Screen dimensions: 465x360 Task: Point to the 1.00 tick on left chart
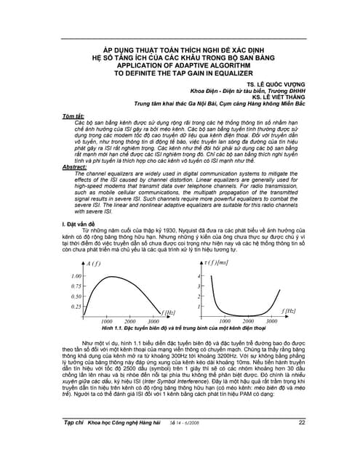pyautogui.click(x=77, y=277)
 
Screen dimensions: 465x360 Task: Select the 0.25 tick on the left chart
pyautogui.click(x=77, y=307)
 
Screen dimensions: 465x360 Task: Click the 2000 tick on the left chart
pyautogui.click(x=129, y=320)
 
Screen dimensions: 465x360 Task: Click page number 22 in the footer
pyautogui.click(x=301, y=442)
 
